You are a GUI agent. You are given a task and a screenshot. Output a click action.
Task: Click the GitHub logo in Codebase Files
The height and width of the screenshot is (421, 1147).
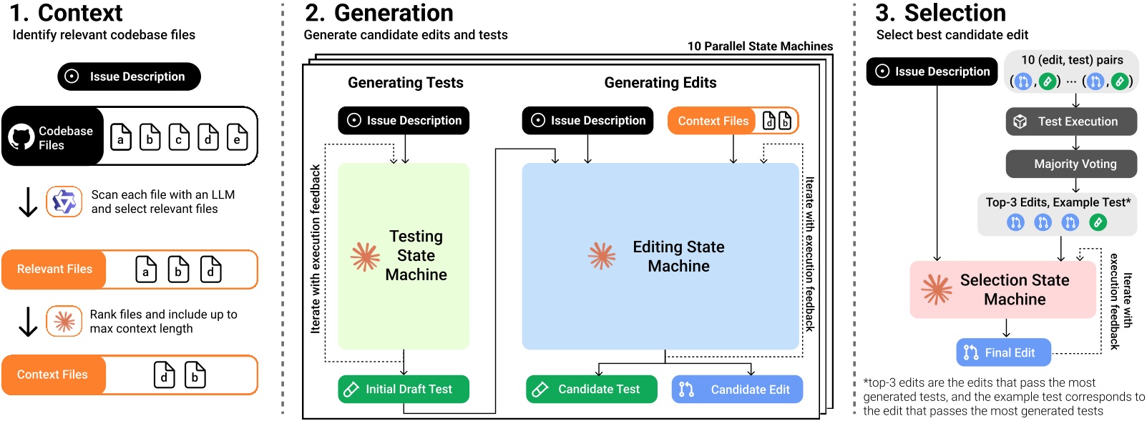pos(21,137)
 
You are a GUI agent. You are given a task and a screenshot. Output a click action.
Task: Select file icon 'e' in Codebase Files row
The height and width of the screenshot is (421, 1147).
pos(237,137)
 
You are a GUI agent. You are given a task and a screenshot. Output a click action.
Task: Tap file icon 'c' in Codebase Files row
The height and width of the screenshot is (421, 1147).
pos(179,137)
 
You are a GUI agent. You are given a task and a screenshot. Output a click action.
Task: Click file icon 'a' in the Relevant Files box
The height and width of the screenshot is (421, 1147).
pos(146,269)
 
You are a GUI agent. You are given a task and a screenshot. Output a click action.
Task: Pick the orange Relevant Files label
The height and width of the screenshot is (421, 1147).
pos(54,269)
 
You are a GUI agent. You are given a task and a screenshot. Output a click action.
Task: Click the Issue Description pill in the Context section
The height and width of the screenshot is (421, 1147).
pos(129,76)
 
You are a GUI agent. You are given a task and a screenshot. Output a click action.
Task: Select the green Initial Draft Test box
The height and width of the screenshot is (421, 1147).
pos(404,390)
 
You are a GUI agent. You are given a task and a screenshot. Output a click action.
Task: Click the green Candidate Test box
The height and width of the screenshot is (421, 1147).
pos(591,390)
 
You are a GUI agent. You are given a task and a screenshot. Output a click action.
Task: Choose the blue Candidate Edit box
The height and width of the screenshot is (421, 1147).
pos(737,390)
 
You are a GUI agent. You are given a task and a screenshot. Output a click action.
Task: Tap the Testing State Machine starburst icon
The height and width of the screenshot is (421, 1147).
pos(365,257)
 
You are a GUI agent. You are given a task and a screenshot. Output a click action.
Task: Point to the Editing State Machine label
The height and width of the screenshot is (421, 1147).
pos(678,257)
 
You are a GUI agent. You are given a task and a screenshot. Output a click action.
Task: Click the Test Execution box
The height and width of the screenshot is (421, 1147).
pos(1071,122)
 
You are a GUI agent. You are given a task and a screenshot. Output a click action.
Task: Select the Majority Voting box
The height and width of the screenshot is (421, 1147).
pos(1071,164)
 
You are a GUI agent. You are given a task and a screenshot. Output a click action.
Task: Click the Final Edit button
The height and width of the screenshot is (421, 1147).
pos(1003,352)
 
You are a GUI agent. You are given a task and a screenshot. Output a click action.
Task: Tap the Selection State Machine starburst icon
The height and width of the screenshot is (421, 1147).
pos(937,289)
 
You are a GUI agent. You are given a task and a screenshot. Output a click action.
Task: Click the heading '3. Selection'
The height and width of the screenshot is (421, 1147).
pos(940,13)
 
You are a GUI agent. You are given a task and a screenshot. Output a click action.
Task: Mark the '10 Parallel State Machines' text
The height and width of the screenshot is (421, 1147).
pos(760,46)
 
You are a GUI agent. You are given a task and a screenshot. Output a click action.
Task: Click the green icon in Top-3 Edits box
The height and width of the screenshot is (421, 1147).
pos(1098,222)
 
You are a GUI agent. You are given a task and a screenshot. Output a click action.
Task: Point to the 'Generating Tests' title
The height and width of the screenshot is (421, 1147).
pos(405,83)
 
